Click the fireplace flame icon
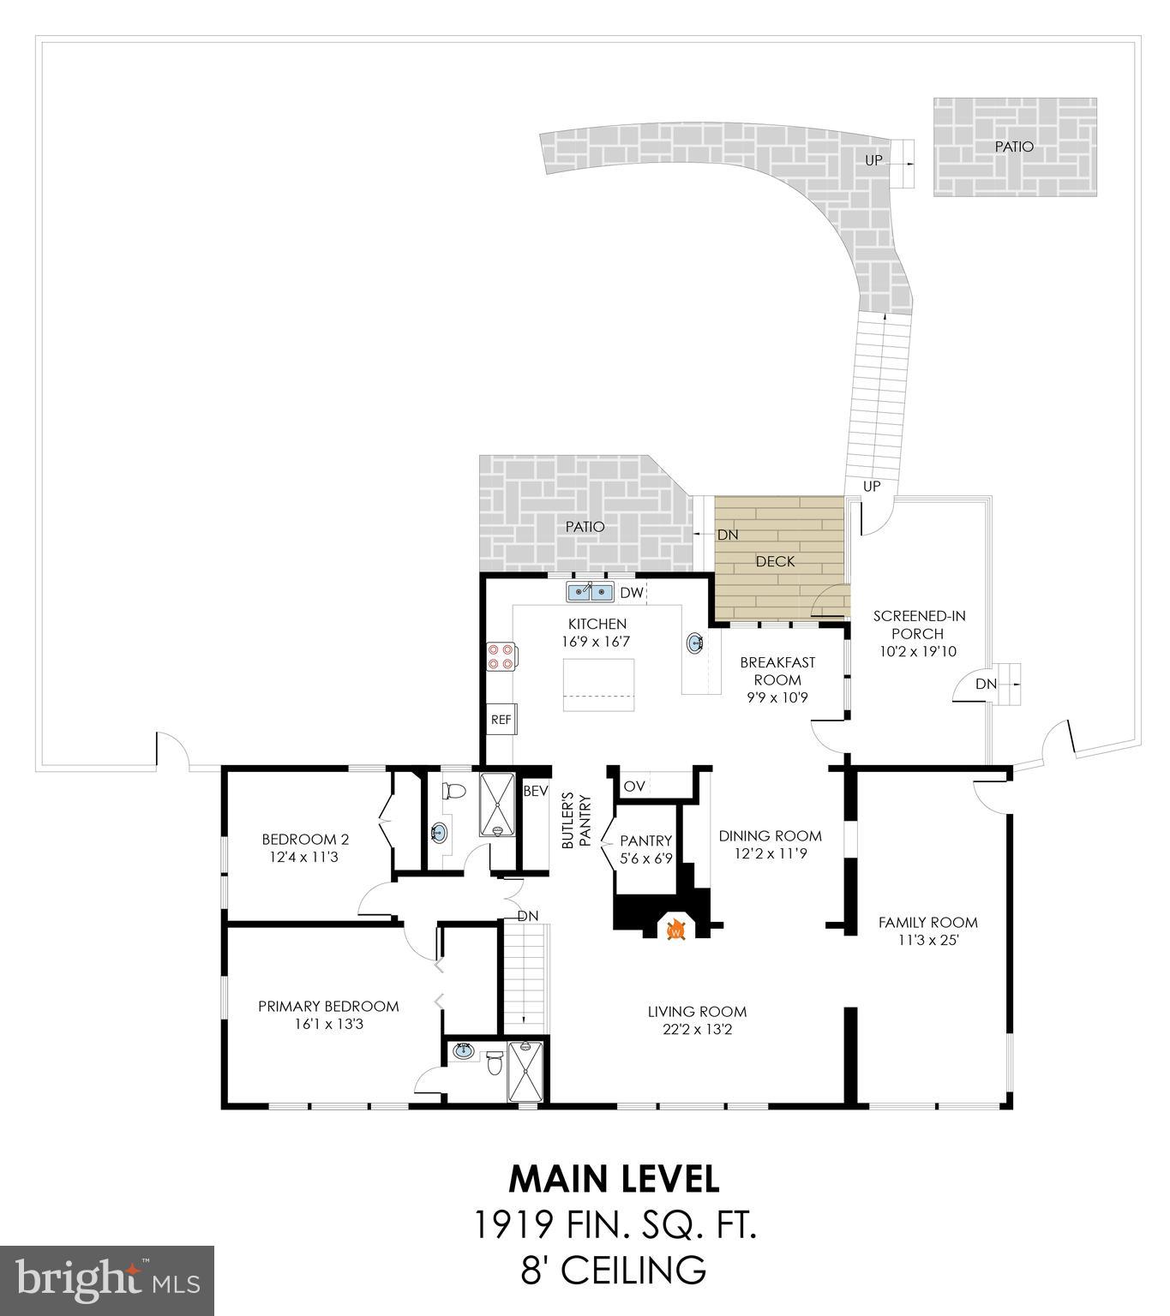pos(675,930)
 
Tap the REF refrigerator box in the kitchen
pos(501,720)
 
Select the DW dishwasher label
pos(631,593)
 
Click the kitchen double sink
pos(591,592)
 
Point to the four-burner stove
pos(501,655)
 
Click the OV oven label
pos(633,787)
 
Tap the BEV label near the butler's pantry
pos(535,792)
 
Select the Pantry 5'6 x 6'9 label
pos(645,849)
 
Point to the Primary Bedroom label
pos(328,1006)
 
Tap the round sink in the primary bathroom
pos(464,1050)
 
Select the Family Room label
pos(927,923)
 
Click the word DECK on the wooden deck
pos(775,562)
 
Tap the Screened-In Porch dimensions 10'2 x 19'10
pos(917,652)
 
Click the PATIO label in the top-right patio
pos(1014,147)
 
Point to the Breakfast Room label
pos(777,671)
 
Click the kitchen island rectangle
pos(598,685)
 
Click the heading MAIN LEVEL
pos(614,1179)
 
